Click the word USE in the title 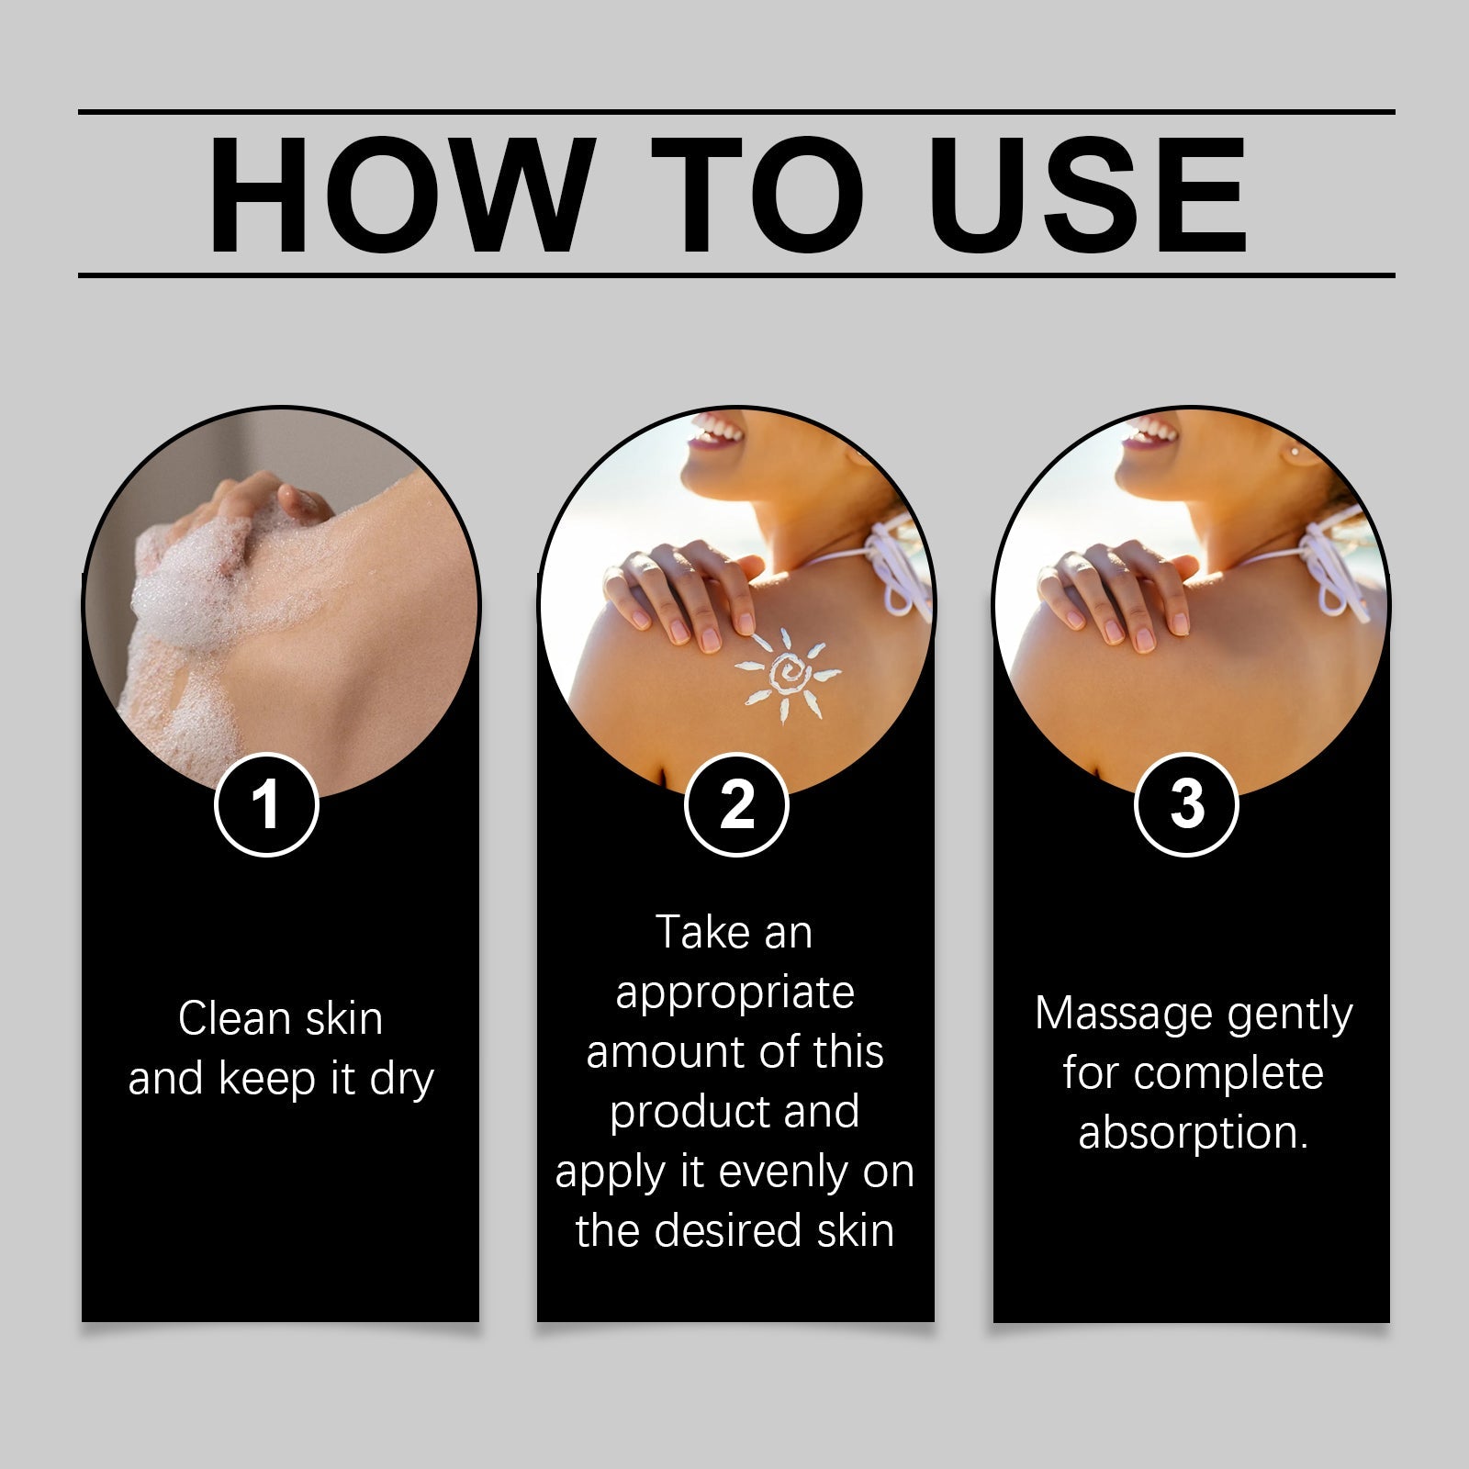pyautogui.click(x=1092, y=195)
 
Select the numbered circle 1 pyautogui.click(x=266, y=804)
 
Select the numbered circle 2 pyautogui.click(x=736, y=804)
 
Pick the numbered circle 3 pyautogui.click(x=1186, y=804)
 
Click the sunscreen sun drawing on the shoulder pyautogui.click(x=789, y=675)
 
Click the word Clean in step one pyautogui.click(x=220, y=1019)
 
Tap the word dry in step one pyautogui.click(x=401, y=1080)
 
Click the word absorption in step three pyautogui.click(x=1192, y=1133)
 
